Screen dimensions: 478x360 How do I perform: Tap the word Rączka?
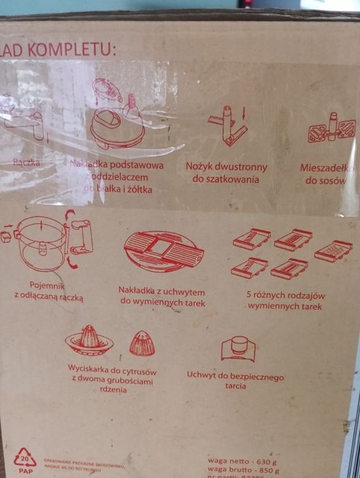(x=27, y=163)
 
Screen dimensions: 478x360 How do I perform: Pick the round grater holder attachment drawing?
(x=164, y=252)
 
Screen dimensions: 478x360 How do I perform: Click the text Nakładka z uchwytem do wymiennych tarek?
(x=162, y=295)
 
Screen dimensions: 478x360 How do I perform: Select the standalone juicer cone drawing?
(x=141, y=342)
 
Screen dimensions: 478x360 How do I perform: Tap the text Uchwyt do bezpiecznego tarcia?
(x=235, y=381)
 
